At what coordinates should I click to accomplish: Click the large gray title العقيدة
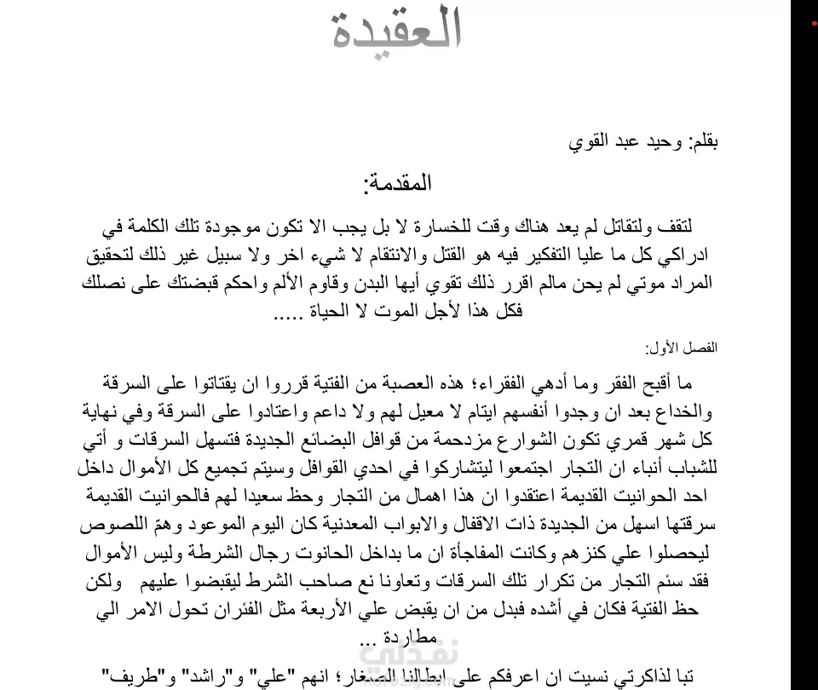[x=396, y=31]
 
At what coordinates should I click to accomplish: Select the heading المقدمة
[x=398, y=183]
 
